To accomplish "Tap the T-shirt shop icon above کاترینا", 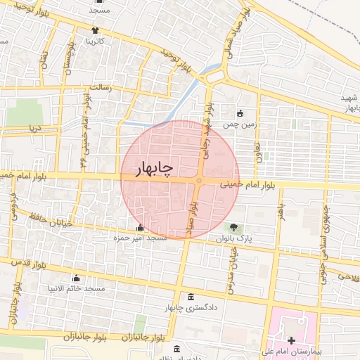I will tap(95, 30).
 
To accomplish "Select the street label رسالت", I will tap(115, 89).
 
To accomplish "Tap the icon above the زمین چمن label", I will tap(240, 113).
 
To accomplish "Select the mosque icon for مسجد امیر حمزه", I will tap(140, 228).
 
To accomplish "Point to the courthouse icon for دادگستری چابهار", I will tap(192, 297).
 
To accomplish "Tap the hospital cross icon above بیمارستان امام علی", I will tap(291, 340).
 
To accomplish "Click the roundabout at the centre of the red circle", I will tap(199, 182).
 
